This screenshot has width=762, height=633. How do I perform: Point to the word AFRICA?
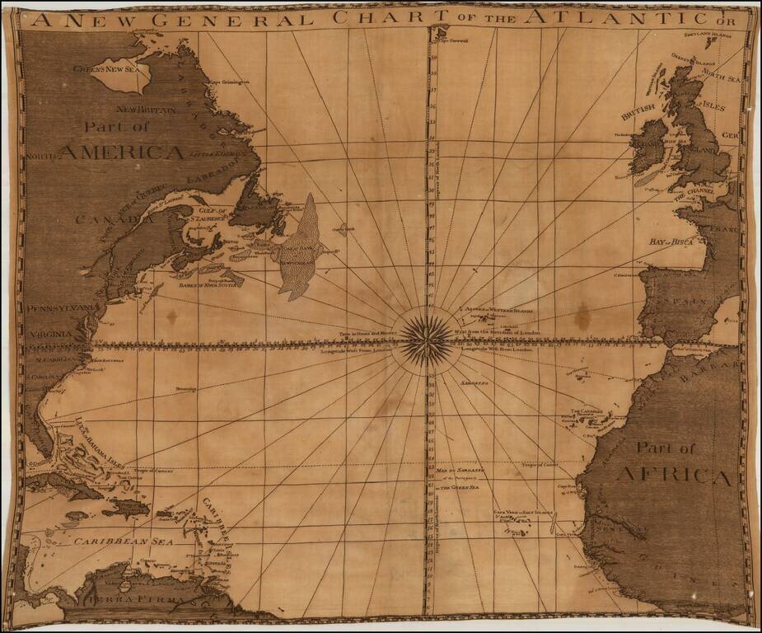[x=673, y=476]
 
